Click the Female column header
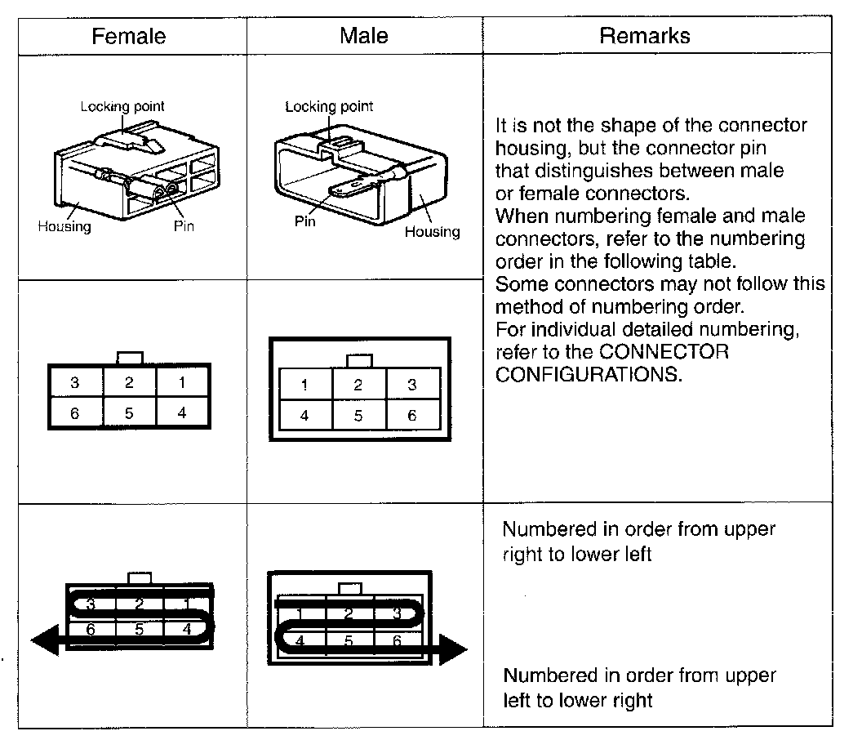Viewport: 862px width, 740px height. [x=128, y=37]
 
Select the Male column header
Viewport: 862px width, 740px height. [x=364, y=36]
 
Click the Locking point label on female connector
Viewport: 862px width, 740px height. [x=122, y=106]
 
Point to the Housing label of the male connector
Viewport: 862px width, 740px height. [x=433, y=232]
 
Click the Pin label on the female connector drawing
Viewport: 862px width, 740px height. [x=184, y=225]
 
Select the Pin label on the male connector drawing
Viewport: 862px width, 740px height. [x=304, y=221]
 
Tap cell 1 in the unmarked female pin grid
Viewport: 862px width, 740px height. [x=182, y=382]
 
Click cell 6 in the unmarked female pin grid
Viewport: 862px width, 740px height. [x=74, y=413]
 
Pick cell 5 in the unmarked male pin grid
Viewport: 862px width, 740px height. [x=358, y=416]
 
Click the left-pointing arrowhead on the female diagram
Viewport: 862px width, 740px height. [x=45, y=640]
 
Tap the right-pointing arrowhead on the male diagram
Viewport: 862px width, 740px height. [x=452, y=650]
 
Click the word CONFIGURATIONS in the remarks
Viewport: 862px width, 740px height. [x=588, y=375]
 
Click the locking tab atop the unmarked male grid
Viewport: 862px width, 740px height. [x=359, y=360]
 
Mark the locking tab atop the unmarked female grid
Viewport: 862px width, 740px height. [x=130, y=358]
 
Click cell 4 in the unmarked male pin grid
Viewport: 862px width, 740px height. [x=304, y=416]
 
